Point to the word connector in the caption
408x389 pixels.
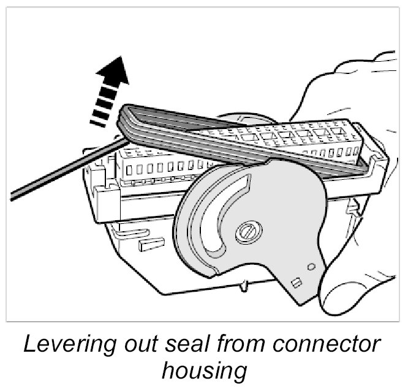pos(328,346)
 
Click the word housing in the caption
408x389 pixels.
pos(203,371)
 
